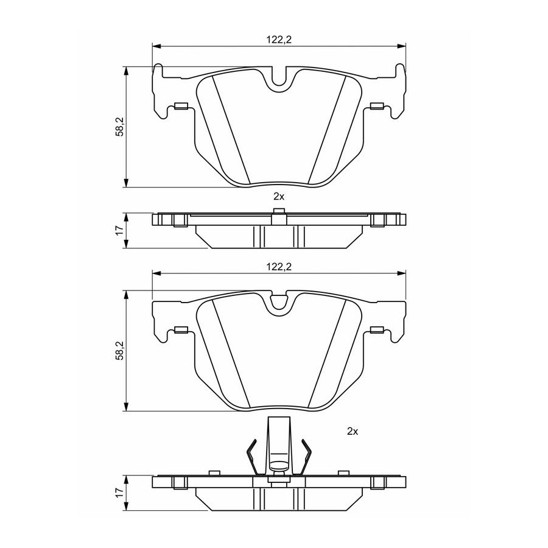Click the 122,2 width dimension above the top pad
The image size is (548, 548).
tap(279, 40)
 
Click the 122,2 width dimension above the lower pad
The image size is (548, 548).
tap(279, 267)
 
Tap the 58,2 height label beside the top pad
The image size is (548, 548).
tap(120, 127)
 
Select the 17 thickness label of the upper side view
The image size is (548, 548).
tap(120, 230)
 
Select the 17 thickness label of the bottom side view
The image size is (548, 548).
tap(120, 493)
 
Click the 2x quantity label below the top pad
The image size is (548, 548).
tap(279, 197)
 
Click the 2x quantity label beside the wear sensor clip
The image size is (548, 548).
tap(353, 432)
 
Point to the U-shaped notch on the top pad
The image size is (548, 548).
tap(279, 79)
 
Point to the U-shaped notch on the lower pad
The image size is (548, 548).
tap(279, 303)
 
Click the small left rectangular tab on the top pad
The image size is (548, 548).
tap(181, 106)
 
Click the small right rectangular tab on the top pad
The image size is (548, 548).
tap(377, 106)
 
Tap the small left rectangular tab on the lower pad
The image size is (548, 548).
tap(181, 329)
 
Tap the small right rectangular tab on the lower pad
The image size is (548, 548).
tap(377, 329)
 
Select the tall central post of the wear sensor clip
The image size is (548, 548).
tap(279, 444)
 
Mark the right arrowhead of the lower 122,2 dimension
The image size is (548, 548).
tap(402, 273)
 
